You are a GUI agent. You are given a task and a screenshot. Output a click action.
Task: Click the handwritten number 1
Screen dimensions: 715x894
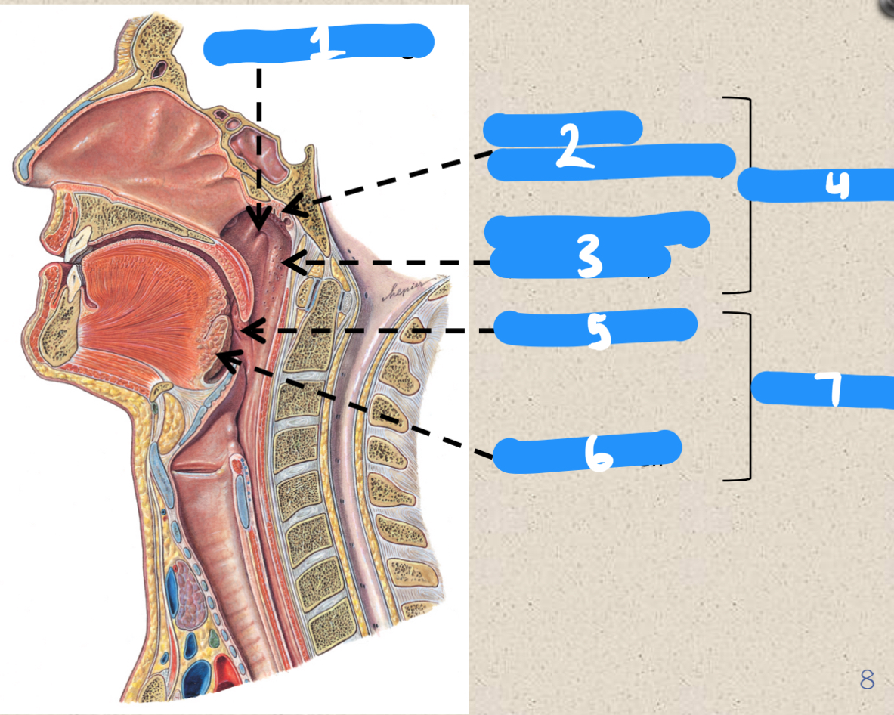(x=326, y=43)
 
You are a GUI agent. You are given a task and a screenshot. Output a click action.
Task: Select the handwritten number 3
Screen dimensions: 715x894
(x=589, y=256)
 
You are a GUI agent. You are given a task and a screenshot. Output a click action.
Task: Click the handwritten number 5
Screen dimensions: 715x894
(x=599, y=330)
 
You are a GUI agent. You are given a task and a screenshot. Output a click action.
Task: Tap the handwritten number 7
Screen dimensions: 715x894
(x=830, y=388)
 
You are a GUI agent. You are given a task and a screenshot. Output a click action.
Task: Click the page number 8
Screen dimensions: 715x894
(x=867, y=679)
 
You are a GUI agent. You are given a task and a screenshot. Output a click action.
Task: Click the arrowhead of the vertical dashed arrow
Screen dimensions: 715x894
(x=258, y=223)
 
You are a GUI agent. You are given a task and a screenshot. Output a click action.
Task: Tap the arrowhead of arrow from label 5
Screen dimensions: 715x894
(x=246, y=330)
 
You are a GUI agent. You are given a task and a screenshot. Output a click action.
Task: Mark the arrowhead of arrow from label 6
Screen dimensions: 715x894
(x=221, y=354)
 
